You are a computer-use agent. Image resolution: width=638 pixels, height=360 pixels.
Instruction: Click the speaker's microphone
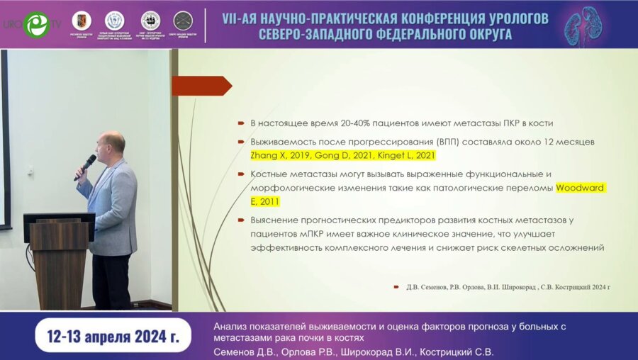(86, 166)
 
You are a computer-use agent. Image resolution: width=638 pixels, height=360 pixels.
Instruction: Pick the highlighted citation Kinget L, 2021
(405, 155)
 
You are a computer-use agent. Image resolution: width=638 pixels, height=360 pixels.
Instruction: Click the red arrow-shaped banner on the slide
(201, 86)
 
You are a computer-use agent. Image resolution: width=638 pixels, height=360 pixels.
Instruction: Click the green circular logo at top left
(35, 24)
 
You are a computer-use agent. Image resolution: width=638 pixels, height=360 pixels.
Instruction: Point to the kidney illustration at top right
(588, 25)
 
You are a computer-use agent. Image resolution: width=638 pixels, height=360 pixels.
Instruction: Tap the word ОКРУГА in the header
(481, 35)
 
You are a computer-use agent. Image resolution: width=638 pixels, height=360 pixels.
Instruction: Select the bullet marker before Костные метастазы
(242, 174)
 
